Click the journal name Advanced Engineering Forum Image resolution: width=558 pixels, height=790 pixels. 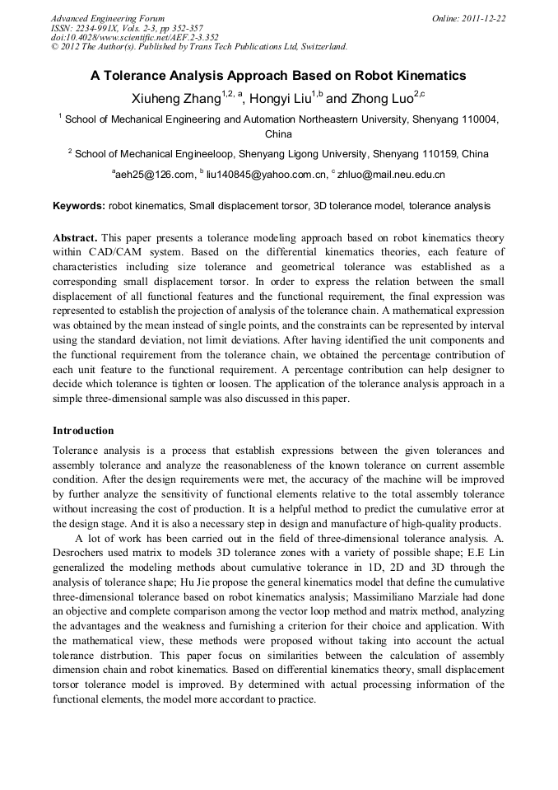pos(107,18)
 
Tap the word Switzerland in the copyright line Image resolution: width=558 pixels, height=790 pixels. pos(317,47)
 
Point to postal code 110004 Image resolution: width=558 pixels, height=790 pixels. pos(478,119)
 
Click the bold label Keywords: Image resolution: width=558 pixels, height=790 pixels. pos(79,206)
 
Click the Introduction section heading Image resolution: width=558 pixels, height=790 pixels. pos(83,431)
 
